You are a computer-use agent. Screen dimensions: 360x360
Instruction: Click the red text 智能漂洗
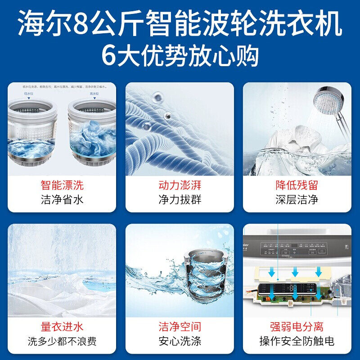tap(62, 185)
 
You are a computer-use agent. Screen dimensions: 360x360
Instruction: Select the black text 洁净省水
tap(62, 199)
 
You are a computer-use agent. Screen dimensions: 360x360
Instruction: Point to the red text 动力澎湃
tap(180, 185)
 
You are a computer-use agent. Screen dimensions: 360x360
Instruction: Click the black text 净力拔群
tap(180, 199)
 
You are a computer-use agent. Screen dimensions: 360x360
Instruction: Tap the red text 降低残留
tap(297, 185)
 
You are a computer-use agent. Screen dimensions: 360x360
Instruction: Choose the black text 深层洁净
tap(297, 199)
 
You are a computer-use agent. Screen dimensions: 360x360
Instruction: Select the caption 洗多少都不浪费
tap(62, 341)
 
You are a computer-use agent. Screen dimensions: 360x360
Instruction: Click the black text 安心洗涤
tap(180, 341)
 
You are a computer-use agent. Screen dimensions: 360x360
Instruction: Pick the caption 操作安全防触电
tap(297, 341)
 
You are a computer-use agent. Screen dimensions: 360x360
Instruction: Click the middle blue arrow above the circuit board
tap(295, 272)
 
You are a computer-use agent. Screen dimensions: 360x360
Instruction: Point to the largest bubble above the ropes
tap(158, 96)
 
